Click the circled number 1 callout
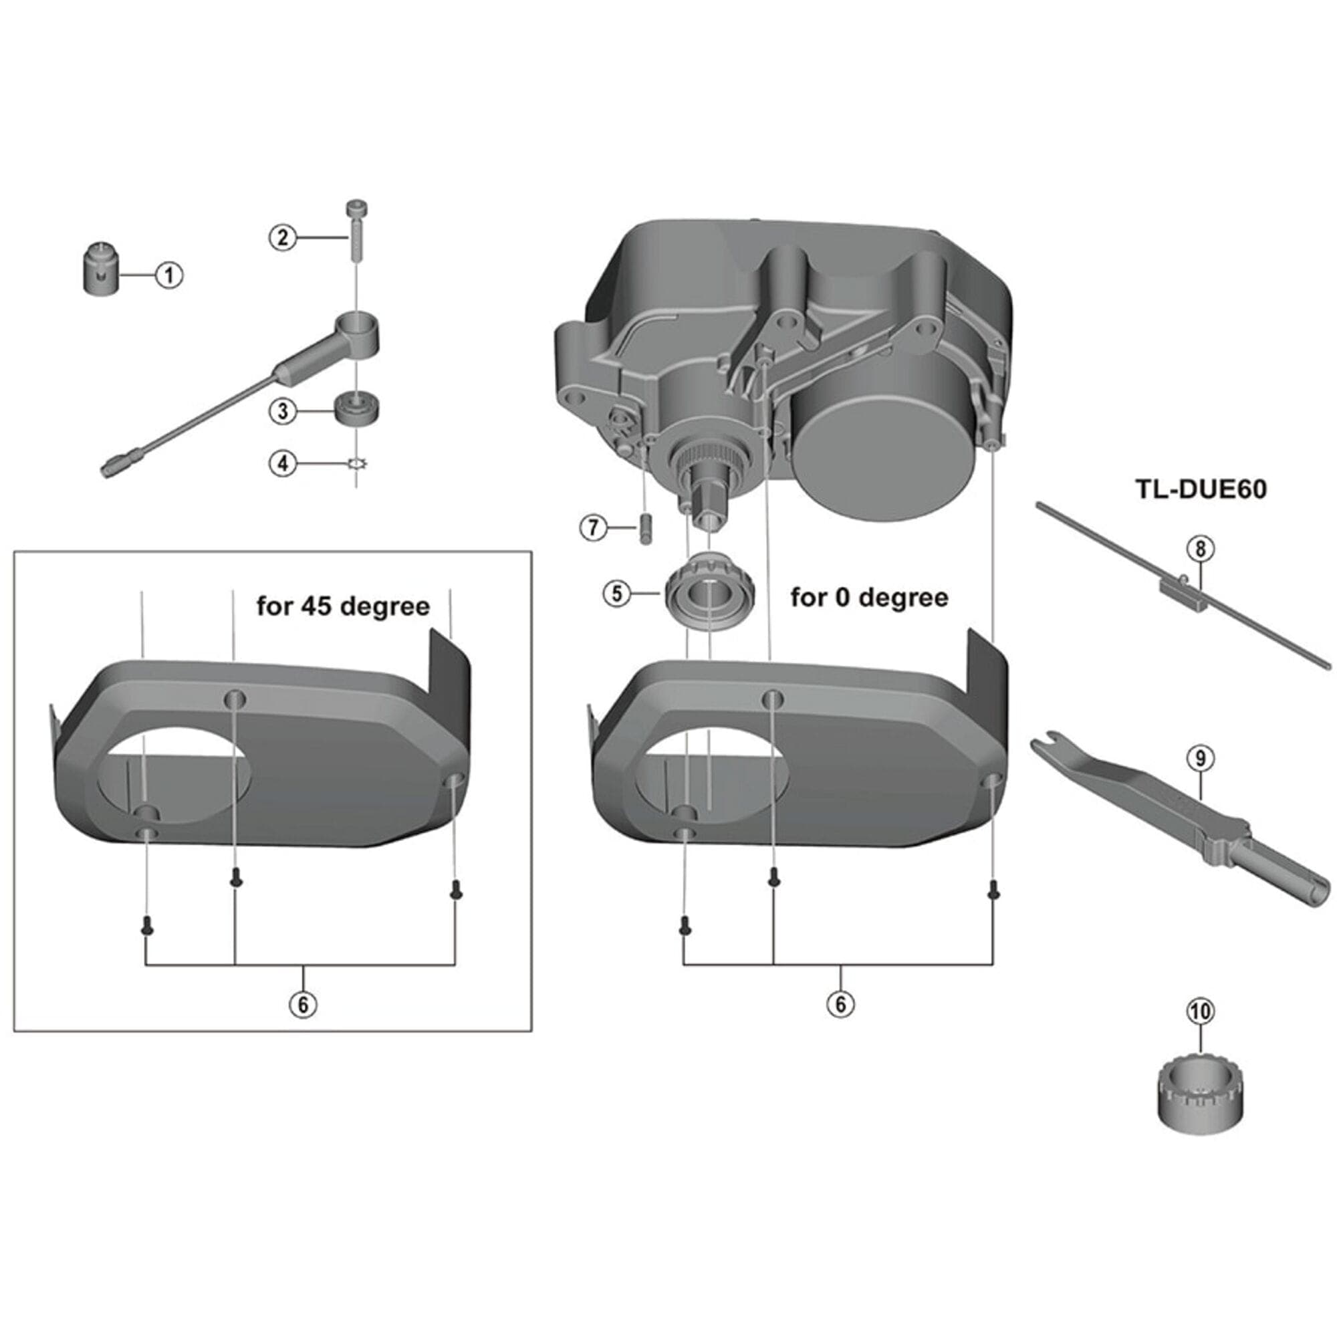coord(169,275)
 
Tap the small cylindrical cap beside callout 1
coord(100,270)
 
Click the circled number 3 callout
coord(282,411)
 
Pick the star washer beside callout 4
coord(357,464)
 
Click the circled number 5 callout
coord(616,593)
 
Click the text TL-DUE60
coord(1200,489)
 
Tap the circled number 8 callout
coord(1200,549)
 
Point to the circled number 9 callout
coord(1200,759)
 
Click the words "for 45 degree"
coord(343,606)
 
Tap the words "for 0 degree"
coord(869,596)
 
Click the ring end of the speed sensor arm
coord(358,327)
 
